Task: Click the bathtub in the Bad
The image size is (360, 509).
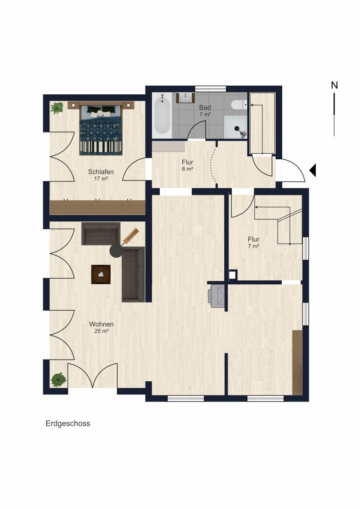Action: click(162, 114)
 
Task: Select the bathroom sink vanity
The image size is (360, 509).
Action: click(185, 98)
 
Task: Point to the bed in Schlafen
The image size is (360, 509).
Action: click(101, 129)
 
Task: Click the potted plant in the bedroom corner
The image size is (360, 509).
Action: click(57, 108)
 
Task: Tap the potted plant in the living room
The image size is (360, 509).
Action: click(58, 379)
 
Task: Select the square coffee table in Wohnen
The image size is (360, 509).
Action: click(101, 275)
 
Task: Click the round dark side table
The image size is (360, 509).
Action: click(116, 251)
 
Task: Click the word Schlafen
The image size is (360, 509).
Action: click(101, 172)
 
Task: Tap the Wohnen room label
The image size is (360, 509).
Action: click(101, 324)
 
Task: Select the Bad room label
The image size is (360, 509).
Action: click(205, 107)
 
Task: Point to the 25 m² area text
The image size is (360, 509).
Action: click(101, 331)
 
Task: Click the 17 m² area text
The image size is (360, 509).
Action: click(101, 179)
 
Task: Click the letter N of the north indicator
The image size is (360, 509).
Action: click(335, 85)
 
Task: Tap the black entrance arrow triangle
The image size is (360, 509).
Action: click(312, 171)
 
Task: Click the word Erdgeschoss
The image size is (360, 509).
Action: click(68, 424)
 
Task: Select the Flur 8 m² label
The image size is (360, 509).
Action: click(188, 165)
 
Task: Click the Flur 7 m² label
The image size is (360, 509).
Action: click(254, 243)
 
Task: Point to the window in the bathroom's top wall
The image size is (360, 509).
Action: click(210, 89)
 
